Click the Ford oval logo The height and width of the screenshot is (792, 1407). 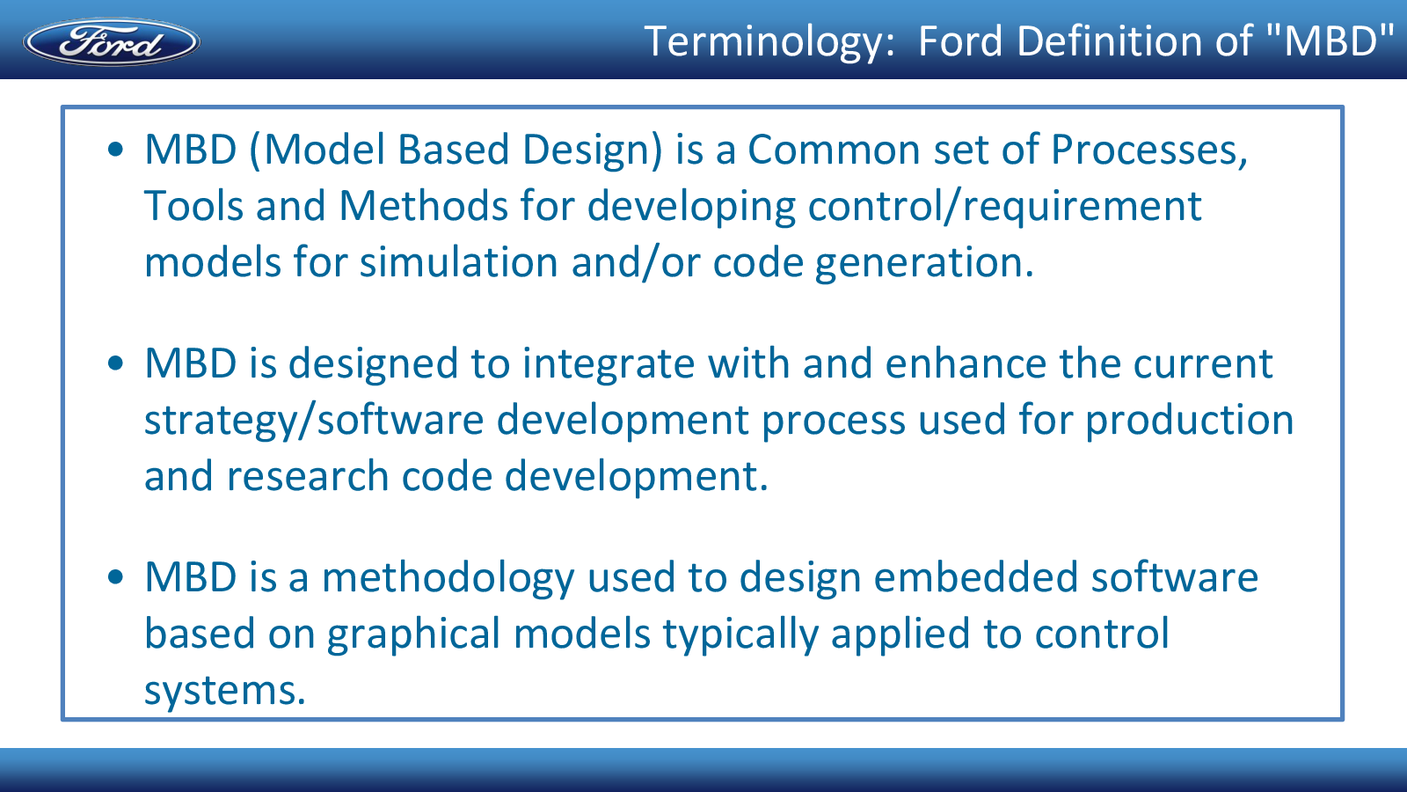(x=112, y=41)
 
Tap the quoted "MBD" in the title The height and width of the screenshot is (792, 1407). (x=1329, y=40)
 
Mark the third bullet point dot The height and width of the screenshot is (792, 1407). (x=115, y=576)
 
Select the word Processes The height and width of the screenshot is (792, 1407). (x=1148, y=150)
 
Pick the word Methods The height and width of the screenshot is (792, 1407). (x=423, y=206)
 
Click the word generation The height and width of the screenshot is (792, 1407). (x=924, y=264)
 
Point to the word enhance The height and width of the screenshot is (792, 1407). (x=966, y=363)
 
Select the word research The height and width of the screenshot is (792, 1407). (x=307, y=476)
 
